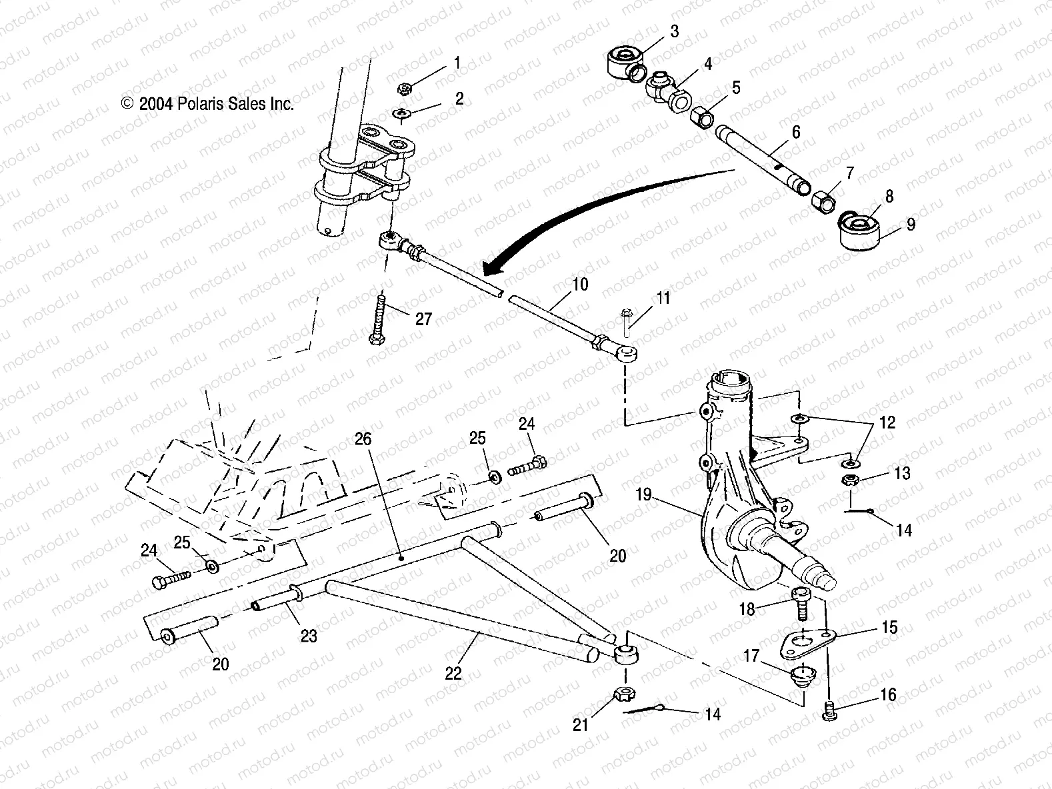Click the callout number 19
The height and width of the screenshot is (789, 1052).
click(645, 496)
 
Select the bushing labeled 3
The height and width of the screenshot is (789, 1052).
click(625, 63)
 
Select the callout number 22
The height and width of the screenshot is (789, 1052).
click(453, 673)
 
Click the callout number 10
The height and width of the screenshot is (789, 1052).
click(579, 285)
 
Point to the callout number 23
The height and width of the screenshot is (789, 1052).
click(309, 636)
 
